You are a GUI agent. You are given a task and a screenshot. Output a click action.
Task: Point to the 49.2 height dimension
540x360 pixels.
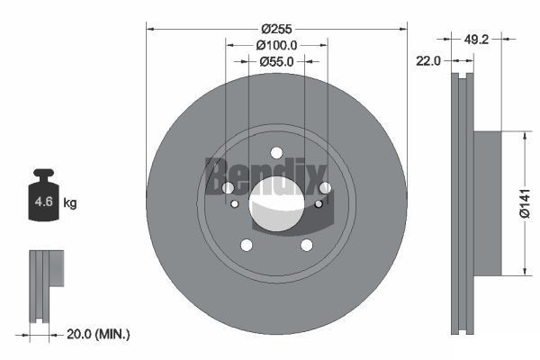(x=477, y=40)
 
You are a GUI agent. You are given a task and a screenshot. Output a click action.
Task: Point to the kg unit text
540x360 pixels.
(x=70, y=203)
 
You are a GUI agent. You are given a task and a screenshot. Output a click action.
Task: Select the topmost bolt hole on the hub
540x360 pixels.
(x=276, y=152)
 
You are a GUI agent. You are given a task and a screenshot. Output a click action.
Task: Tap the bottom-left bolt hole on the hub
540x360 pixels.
(x=246, y=245)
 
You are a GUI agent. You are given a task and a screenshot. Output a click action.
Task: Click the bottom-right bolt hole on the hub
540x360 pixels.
(x=307, y=245)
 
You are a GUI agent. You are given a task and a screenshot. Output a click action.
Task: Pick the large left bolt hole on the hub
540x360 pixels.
(x=228, y=187)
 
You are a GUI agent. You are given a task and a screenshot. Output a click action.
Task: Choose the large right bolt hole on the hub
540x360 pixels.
(x=325, y=187)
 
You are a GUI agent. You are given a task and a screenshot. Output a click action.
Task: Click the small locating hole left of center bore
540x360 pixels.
(x=235, y=204)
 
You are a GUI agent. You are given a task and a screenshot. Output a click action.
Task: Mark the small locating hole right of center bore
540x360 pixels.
(x=319, y=204)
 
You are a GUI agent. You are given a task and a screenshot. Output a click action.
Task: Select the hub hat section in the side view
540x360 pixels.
(x=485, y=203)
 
